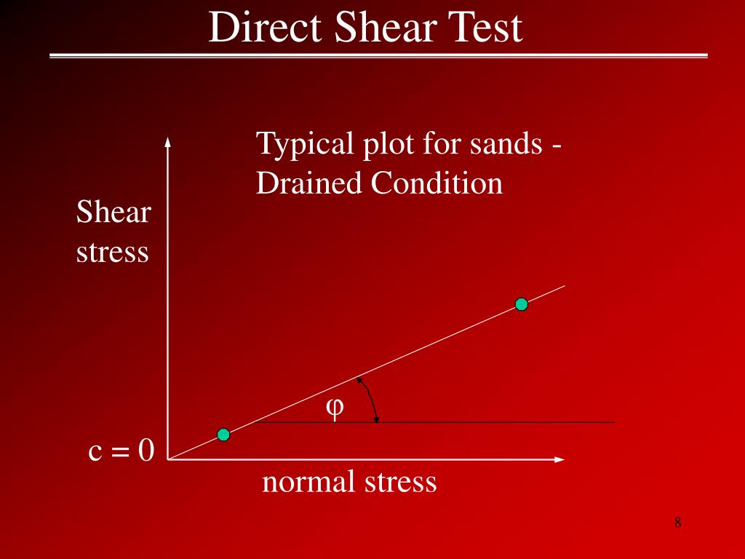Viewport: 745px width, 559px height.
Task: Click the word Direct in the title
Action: tap(265, 29)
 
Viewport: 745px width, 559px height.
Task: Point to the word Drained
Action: tap(309, 183)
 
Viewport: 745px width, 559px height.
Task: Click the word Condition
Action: tap(437, 183)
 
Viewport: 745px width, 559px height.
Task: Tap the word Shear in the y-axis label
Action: tap(113, 213)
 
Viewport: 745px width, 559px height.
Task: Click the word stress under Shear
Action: tap(113, 253)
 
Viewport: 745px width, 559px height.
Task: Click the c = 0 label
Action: tap(121, 451)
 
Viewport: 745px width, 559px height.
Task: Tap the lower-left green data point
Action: tap(223, 435)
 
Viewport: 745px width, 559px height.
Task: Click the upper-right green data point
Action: tap(521, 304)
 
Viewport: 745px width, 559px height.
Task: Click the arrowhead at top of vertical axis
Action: tap(168, 141)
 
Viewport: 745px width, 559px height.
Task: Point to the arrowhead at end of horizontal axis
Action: tap(559, 459)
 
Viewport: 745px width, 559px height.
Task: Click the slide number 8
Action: tap(677, 523)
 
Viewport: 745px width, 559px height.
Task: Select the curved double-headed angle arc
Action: tap(371, 399)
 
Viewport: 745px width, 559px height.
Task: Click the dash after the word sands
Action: tap(556, 145)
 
